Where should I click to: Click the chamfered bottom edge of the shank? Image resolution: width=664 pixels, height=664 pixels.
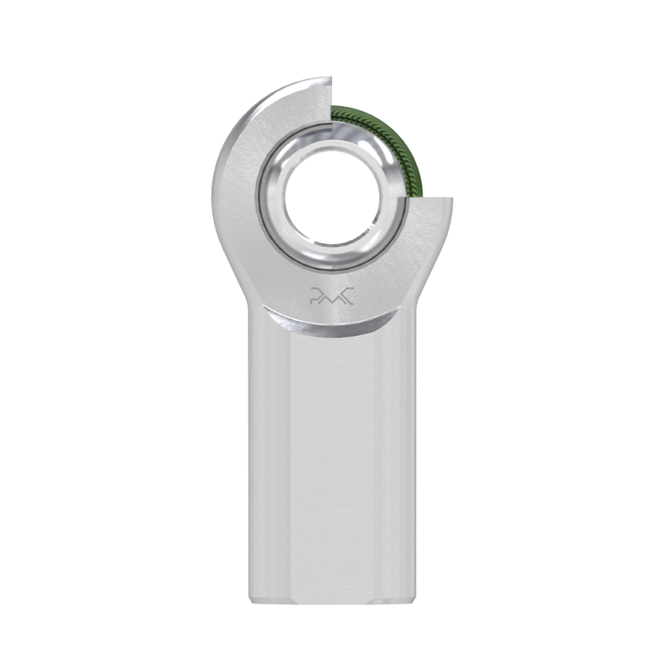(x=332, y=601)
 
